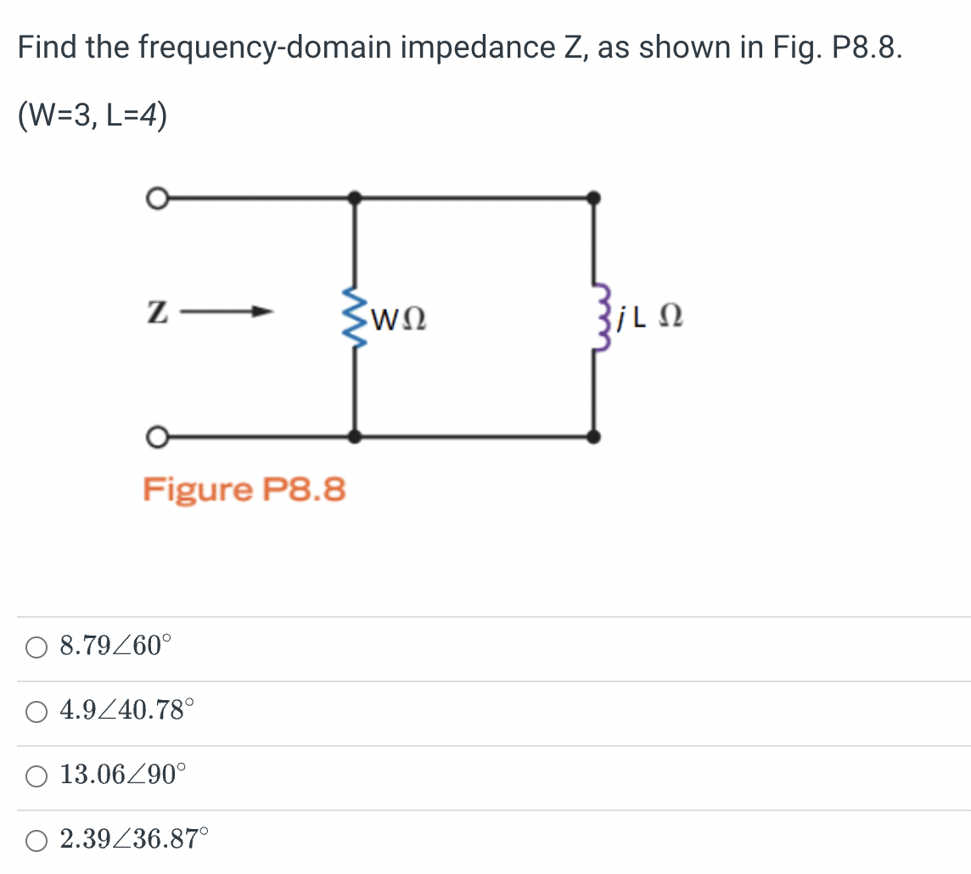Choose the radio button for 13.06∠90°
tap(36, 776)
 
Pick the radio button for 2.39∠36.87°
tap(36, 841)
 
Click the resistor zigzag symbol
tap(353, 317)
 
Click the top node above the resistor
tap(354, 199)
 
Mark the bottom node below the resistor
tap(354, 437)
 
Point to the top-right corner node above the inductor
tap(594, 199)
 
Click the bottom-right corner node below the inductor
tap(594, 437)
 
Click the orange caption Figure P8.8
tap(244, 490)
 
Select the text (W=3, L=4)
tap(93, 115)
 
